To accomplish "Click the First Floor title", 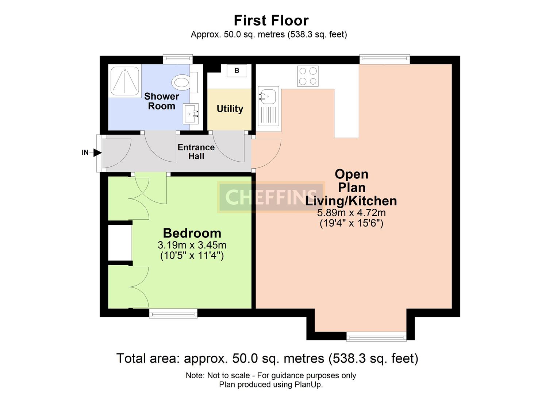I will coord(271,20).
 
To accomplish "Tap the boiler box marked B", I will coord(237,70).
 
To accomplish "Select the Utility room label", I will coord(230,109).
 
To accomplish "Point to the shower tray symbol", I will coord(125,81).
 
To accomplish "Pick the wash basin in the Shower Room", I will coord(191,113).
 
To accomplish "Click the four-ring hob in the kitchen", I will coord(308,76).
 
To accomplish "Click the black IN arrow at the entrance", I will coord(97,152).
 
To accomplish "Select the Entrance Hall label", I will coord(196,152).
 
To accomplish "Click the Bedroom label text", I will coord(192,233).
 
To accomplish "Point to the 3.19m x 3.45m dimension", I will coord(192,245).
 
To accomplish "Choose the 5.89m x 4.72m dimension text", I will coord(351,213).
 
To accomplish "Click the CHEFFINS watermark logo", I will coord(271,197).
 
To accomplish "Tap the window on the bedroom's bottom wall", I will coord(173,313).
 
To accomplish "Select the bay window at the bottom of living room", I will coord(376,336).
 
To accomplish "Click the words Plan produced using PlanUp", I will coord(271,385).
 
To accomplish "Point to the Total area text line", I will coord(267,358).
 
